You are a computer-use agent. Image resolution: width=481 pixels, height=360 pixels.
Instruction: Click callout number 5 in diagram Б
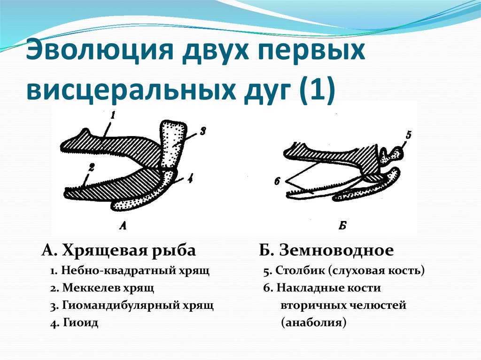point(408,136)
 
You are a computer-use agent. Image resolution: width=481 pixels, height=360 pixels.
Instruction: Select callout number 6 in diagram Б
point(277,180)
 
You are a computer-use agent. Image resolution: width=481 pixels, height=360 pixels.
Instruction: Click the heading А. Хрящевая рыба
point(118,251)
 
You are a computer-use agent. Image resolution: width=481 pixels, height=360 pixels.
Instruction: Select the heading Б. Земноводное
point(326,251)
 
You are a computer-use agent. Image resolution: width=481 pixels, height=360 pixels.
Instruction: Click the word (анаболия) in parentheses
point(313,323)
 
